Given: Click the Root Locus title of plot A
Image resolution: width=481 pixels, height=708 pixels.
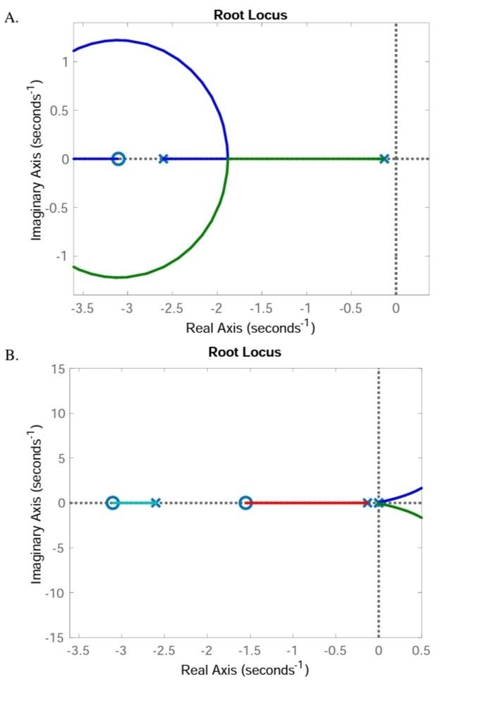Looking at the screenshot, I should pyautogui.click(x=250, y=15).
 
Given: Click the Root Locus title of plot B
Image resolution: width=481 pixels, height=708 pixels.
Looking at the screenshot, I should pyautogui.click(x=245, y=352).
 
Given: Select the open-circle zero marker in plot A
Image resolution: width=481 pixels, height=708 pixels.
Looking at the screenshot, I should pyautogui.click(x=118, y=159).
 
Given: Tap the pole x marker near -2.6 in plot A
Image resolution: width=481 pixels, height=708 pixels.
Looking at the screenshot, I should pyautogui.click(x=164, y=159).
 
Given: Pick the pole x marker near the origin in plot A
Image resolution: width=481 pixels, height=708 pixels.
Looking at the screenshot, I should pyautogui.click(x=384, y=159).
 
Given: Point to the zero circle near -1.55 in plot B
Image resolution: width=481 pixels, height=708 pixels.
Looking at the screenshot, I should pyautogui.click(x=245, y=503).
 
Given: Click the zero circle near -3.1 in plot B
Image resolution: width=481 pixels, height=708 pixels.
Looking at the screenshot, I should pyautogui.click(x=113, y=503).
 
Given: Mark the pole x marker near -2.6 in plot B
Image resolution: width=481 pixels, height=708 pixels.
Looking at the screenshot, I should pyautogui.click(x=156, y=503).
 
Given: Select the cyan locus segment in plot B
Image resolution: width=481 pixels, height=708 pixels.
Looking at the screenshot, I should pyautogui.click(x=134, y=503).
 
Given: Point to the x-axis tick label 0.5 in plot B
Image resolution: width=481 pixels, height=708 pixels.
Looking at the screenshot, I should pyautogui.click(x=421, y=649).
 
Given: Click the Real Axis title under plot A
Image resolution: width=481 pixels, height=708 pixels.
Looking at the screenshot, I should pyautogui.click(x=250, y=328).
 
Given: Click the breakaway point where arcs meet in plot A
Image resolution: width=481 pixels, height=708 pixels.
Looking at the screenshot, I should pyautogui.click(x=227, y=159).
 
